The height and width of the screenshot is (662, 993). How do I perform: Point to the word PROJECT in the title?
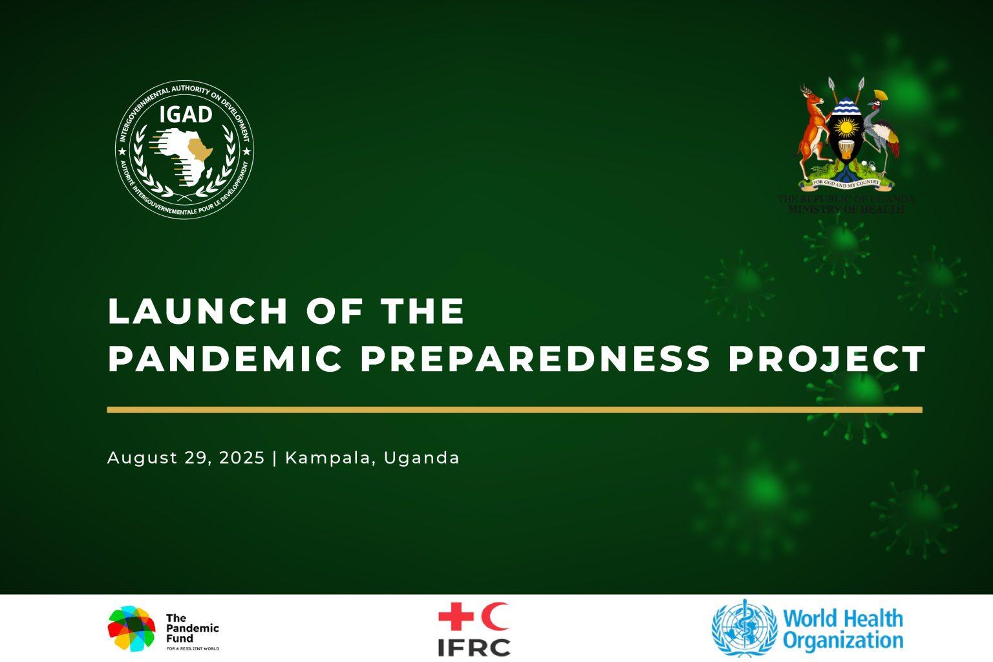tap(827, 359)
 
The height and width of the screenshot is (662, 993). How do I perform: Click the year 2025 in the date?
tap(242, 458)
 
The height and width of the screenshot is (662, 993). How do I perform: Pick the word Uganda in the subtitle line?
tap(422, 458)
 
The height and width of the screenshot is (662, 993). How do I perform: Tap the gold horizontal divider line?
tap(514, 409)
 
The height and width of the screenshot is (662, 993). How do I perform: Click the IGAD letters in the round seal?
tap(186, 114)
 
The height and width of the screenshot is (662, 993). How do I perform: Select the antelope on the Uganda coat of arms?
tap(813, 129)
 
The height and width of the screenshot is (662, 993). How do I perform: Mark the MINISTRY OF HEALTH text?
tap(846, 209)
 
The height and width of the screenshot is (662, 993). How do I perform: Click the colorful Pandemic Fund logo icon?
tap(132, 628)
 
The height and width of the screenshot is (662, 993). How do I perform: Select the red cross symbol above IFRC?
tap(456, 617)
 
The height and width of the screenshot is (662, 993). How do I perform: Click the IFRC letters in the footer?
tap(474, 647)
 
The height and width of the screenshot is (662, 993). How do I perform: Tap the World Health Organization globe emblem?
tap(744, 628)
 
